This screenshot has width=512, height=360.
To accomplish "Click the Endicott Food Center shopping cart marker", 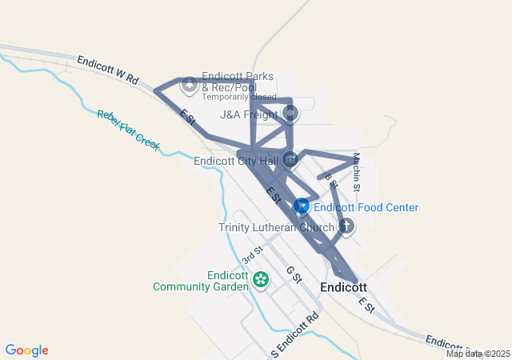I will pyautogui.click(x=301, y=206).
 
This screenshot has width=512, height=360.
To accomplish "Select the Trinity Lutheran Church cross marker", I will pyautogui.click(x=346, y=226).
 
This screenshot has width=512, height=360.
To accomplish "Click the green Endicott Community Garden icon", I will pyautogui.click(x=260, y=279).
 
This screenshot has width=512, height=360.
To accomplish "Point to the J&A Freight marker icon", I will pyautogui.click(x=290, y=113).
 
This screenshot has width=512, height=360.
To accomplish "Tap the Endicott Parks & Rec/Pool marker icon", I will pyautogui.click(x=190, y=83).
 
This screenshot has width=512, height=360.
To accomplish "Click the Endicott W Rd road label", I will pyautogui.click(x=108, y=70).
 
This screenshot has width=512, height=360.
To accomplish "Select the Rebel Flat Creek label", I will pyautogui.click(x=128, y=130).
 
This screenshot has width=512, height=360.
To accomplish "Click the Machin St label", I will pyautogui.click(x=358, y=172).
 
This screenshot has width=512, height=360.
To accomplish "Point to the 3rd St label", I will pyautogui.click(x=253, y=256).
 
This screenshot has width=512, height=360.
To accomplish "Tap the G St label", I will pyautogui.click(x=294, y=274).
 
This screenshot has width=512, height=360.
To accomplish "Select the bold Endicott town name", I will pyautogui.click(x=343, y=287).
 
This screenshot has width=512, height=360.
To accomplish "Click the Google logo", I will pyautogui.click(x=27, y=350).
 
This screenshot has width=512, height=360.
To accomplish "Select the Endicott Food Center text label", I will pyautogui.click(x=366, y=207).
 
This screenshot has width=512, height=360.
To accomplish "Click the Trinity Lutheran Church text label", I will pyautogui.click(x=276, y=227).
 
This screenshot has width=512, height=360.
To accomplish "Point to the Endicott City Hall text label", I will pyautogui.click(x=237, y=160).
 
